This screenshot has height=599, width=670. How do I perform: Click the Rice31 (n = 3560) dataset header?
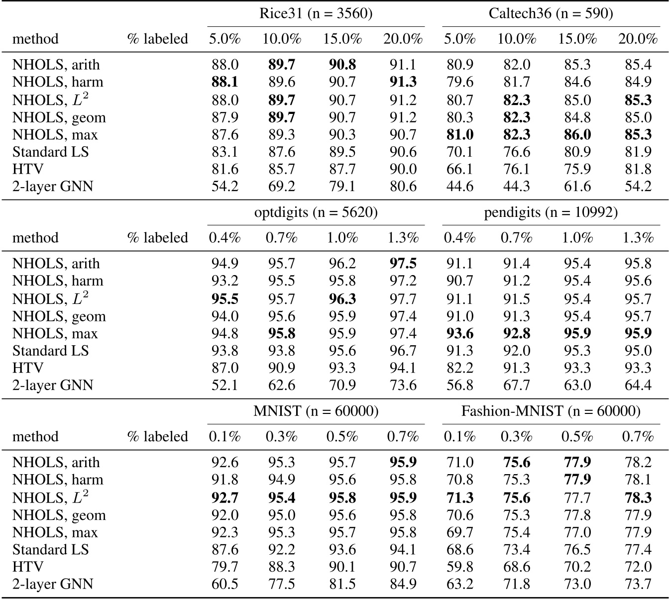[316, 13]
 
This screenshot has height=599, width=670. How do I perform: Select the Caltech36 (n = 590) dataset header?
[551, 13]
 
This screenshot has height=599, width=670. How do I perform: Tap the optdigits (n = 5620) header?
[316, 212]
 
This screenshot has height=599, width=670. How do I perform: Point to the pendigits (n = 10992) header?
[551, 212]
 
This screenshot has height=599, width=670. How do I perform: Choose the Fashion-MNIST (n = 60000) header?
[551, 411]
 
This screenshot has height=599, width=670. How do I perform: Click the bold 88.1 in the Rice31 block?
[224, 82]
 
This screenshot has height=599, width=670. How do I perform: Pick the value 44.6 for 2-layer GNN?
[459, 187]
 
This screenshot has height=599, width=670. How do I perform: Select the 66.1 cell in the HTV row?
[459, 169]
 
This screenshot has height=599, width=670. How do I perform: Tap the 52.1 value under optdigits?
[224, 386]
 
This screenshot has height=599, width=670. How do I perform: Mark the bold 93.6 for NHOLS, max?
[459, 333]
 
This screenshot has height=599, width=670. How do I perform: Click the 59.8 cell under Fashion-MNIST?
[459, 567]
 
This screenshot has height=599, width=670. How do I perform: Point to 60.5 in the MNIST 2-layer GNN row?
[224, 585]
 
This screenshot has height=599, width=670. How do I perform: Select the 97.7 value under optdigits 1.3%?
[403, 299]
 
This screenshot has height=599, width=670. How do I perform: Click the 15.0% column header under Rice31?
[342, 39]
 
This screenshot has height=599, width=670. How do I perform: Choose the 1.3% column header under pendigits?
[638, 238]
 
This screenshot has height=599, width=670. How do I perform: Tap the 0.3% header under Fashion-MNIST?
[516, 437]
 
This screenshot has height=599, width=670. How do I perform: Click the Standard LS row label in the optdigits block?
[50, 351]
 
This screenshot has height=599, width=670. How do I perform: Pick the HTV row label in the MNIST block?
[28, 567]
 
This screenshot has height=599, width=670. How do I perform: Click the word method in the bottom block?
[35, 437]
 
